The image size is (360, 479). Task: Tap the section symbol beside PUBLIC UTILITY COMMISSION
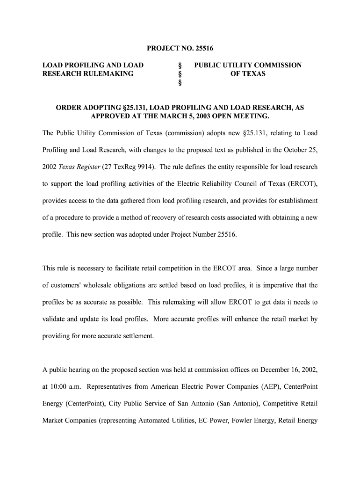pyautogui.click(x=180, y=65)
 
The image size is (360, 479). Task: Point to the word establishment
pyautogui.click(x=297, y=200)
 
